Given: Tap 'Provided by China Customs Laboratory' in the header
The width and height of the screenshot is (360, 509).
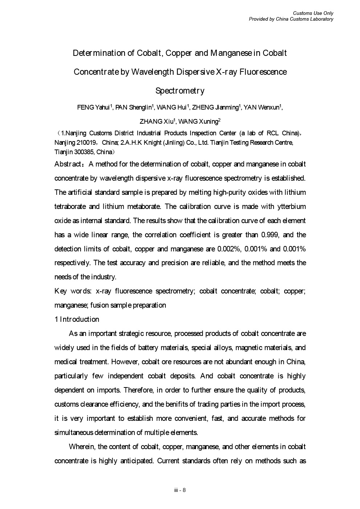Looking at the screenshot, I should (x=291, y=19).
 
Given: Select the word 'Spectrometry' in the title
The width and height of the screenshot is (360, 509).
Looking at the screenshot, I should (x=180, y=91).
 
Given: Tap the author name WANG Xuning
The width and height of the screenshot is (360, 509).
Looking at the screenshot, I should (x=198, y=122).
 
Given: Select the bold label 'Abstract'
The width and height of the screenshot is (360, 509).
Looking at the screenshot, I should (x=68, y=164).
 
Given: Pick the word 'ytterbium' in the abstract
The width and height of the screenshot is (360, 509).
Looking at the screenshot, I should (x=290, y=206).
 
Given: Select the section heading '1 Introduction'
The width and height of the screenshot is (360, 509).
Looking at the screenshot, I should (x=77, y=319).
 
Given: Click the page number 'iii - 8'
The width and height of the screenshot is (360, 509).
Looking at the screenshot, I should (x=180, y=490).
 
